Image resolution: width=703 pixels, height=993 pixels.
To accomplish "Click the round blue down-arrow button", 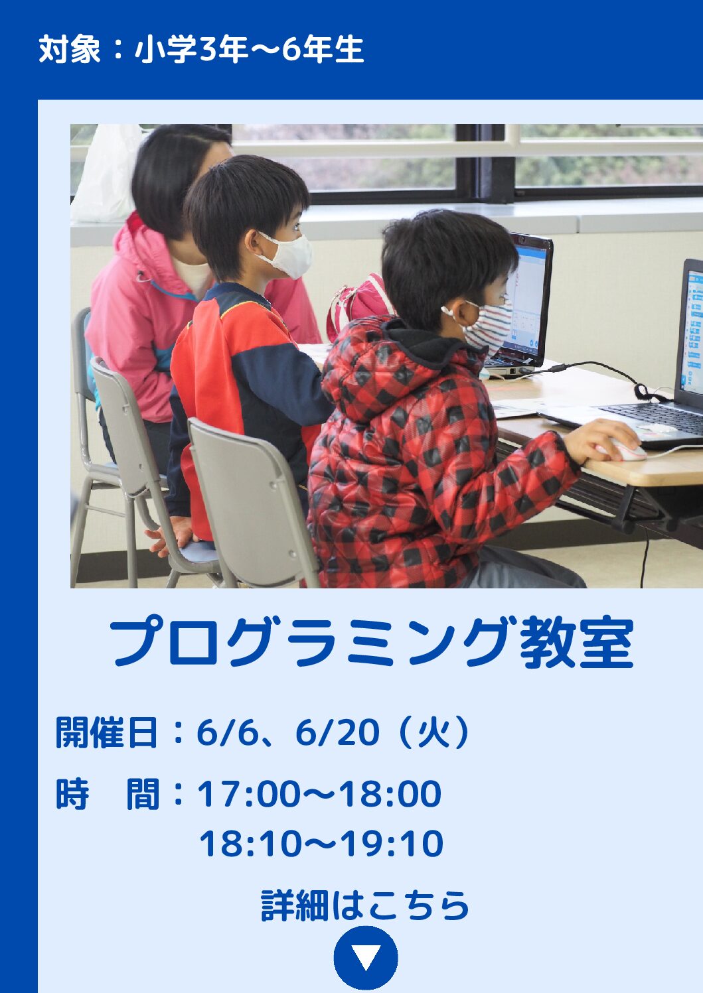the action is tap(366, 958).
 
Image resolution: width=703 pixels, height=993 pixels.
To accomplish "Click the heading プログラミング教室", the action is tap(372, 643).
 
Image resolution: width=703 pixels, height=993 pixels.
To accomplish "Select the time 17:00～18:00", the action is tap(319, 793).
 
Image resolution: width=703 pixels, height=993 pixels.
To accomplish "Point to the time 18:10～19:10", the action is tap(321, 844).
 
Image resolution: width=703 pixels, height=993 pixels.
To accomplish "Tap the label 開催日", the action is tap(106, 732).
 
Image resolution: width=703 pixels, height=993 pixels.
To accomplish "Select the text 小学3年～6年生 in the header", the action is tap(249, 49).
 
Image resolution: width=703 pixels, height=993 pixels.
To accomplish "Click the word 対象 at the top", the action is tap(70, 49).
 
